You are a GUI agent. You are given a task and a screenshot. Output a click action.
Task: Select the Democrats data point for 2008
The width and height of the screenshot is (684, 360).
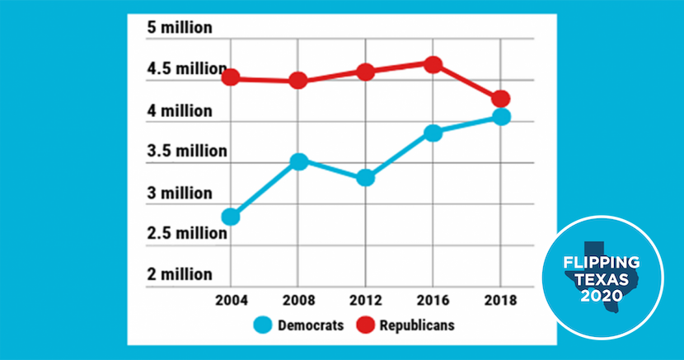[298, 161]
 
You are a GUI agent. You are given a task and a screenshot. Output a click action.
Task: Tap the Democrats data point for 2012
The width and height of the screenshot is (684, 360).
[366, 178]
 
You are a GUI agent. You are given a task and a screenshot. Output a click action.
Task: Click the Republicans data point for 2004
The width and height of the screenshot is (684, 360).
[230, 78]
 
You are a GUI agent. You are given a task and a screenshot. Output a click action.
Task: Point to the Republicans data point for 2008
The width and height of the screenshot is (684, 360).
[298, 81]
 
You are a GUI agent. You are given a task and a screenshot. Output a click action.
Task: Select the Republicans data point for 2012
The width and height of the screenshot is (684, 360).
[366, 72]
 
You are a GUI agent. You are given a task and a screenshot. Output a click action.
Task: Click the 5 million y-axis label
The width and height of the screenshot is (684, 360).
[180, 28]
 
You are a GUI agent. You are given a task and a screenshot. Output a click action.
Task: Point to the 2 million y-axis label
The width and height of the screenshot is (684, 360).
[180, 274]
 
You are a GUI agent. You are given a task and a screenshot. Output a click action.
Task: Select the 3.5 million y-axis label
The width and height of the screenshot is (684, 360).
[186, 152]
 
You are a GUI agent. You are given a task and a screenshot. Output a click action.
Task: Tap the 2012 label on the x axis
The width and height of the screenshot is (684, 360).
[366, 300]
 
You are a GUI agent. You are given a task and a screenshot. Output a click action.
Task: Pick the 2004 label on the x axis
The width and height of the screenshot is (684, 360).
[230, 300]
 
